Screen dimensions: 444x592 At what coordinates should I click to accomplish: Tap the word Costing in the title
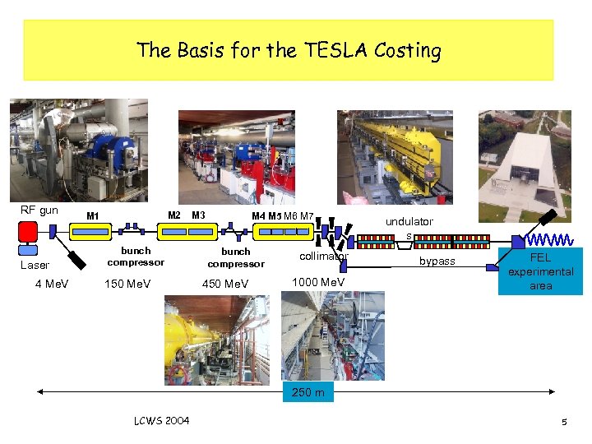click(x=408, y=51)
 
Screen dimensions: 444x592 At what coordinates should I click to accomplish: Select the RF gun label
click(x=39, y=210)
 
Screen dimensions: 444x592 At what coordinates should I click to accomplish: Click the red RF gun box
click(x=29, y=231)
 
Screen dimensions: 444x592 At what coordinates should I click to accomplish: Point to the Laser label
click(x=35, y=265)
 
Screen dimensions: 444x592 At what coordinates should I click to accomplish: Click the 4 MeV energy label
click(x=52, y=284)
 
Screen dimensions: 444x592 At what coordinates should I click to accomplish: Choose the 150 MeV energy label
click(x=127, y=284)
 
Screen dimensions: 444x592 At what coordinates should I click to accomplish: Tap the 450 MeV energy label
click(x=225, y=284)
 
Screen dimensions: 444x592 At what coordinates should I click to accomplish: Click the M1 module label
click(x=93, y=216)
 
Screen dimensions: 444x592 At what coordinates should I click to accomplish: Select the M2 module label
click(x=174, y=215)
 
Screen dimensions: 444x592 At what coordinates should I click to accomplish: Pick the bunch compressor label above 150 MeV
click(x=136, y=257)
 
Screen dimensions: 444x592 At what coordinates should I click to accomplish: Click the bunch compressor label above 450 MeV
click(x=236, y=257)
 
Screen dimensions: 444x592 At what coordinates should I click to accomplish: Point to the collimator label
click(x=324, y=256)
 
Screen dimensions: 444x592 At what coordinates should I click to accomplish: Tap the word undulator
click(x=409, y=221)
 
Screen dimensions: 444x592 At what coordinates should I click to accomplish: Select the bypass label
click(x=437, y=261)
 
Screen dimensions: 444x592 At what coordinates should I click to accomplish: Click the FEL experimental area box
click(x=541, y=271)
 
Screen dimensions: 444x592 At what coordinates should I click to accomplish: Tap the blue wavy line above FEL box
click(x=549, y=240)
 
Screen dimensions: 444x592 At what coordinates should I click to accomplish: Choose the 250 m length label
click(x=308, y=392)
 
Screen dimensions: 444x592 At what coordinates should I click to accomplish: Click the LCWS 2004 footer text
click(x=161, y=421)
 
